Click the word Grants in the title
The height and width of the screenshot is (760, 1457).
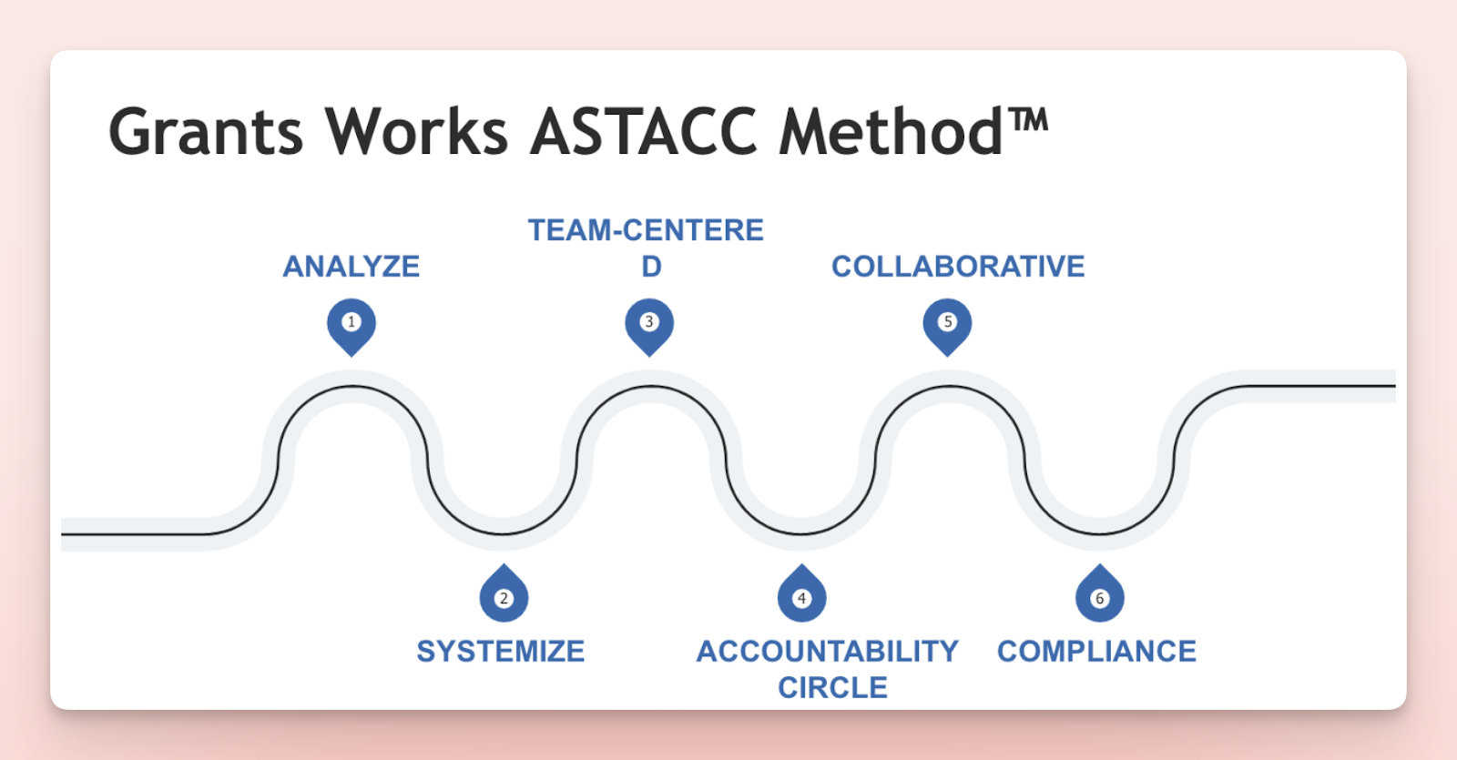[206, 132]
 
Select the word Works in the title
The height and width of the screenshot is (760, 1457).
[417, 131]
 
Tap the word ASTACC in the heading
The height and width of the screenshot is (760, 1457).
[644, 131]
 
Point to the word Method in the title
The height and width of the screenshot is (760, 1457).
[892, 131]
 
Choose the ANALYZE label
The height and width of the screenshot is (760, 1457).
[352, 267]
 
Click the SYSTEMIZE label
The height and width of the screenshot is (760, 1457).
[501, 652]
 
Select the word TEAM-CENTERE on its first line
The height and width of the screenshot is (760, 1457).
[646, 230]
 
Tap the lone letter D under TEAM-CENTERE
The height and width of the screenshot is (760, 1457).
[652, 267]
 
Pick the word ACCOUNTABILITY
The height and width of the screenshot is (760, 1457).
[828, 652]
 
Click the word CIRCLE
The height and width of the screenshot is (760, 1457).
[832, 688]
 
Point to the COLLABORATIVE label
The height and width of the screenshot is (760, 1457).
[958, 267]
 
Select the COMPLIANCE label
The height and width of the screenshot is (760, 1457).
[1096, 652]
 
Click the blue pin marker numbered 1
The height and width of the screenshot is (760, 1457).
[352, 326]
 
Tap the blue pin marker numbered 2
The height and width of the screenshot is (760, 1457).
[504, 594]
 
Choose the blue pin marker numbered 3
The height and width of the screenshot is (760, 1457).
[649, 326]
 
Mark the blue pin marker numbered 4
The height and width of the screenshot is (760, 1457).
[801, 594]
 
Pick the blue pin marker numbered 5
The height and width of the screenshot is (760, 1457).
[947, 326]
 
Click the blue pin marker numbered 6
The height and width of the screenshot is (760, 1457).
[1099, 594]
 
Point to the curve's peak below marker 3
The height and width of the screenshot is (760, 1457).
[650, 386]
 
